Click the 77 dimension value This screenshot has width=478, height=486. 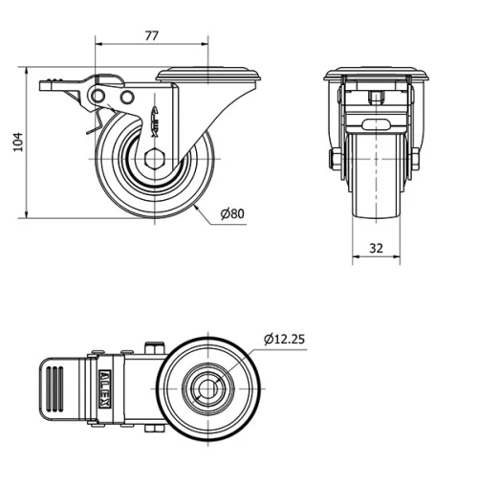click(151, 35)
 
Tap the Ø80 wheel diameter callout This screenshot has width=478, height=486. click(232, 214)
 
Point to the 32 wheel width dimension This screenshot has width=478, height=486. click(376, 247)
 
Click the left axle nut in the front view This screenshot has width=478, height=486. click(335, 159)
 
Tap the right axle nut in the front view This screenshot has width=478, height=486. click(417, 159)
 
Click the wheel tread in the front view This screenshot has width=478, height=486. click(376, 191)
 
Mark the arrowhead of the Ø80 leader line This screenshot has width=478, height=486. click(195, 205)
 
